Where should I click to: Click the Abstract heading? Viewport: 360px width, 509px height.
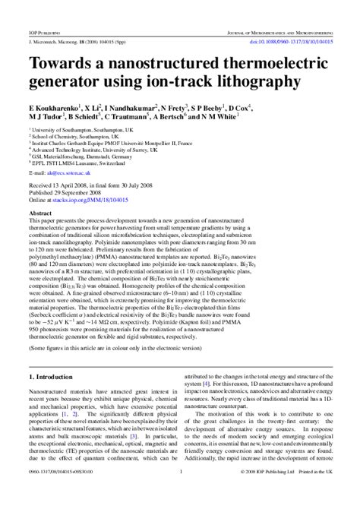43,215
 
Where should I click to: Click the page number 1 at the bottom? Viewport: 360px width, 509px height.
180,493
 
